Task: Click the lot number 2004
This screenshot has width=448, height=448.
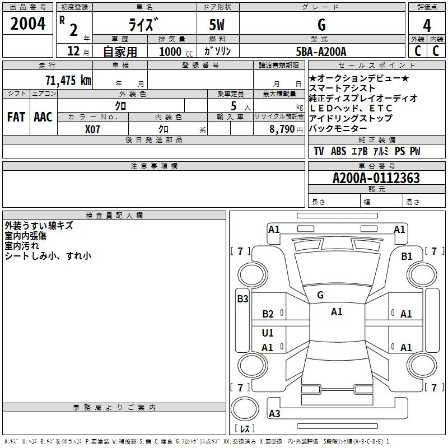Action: [x=27, y=24]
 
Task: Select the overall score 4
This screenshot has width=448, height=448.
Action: [x=427, y=26]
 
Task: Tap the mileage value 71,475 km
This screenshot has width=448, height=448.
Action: [x=68, y=80]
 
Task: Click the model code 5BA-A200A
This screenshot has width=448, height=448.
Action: [x=321, y=52]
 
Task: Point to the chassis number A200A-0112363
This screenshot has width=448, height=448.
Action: [x=376, y=178]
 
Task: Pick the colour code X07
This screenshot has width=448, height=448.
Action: [x=92, y=129]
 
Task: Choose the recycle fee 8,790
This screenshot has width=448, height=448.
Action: [x=282, y=129]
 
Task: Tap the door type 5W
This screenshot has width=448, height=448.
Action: [x=217, y=25]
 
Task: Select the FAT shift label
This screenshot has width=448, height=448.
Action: [x=16, y=117]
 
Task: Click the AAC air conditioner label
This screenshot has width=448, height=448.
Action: [x=43, y=117]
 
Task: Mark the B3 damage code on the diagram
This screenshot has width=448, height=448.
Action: [x=242, y=299]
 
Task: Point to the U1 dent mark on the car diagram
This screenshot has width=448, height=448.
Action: [x=268, y=333]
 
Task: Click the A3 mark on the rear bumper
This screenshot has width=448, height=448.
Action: [x=274, y=413]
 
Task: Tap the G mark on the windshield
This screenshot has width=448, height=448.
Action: [x=320, y=295]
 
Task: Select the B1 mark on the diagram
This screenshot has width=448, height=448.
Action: [x=407, y=256]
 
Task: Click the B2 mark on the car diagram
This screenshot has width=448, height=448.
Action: [x=268, y=314]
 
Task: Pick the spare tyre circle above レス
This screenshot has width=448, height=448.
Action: [x=245, y=409]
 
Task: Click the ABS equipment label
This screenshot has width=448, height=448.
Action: [x=338, y=151]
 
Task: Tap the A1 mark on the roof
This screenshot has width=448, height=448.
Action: [x=337, y=312]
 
